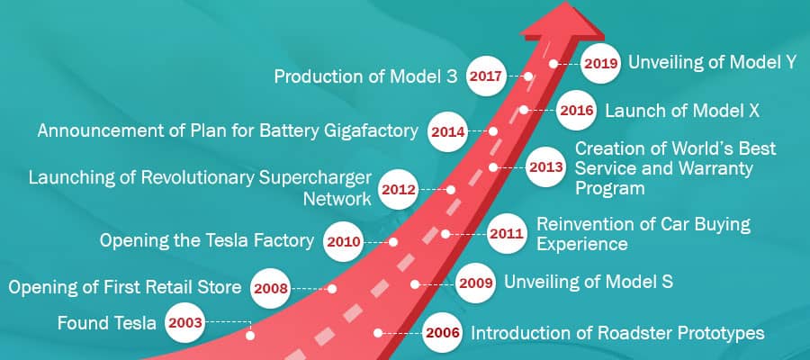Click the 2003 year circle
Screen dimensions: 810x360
pyautogui.click(x=185, y=323)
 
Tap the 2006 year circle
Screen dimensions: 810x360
pyautogui.click(x=442, y=333)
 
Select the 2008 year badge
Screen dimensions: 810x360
pyautogui.click(x=270, y=288)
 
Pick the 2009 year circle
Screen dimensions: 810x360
pyautogui.click(x=475, y=283)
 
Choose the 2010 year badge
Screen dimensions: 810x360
pyautogui.click(x=344, y=241)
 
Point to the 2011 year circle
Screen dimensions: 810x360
pyautogui.click(x=507, y=233)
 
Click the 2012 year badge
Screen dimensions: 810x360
pyautogui.click(x=399, y=190)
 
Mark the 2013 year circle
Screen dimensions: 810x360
pyautogui.click(x=546, y=166)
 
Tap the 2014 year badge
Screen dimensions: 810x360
pyautogui.click(x=448, y=131)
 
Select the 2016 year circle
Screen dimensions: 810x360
pyautogui.click(x=576, y=110)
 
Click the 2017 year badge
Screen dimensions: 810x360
pyautogui.click(x=486, y=76)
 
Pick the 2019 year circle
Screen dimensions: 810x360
pyautogui.click(x=600, y=64)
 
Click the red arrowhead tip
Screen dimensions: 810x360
pyautogui.click(x=566, y=2)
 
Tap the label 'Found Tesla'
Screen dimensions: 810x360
pyautogui.click(x=106, y=323)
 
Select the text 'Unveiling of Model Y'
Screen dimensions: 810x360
pyautogui.click(x=713, y=62)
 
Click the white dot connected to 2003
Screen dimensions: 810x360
pyautogui.click(x=250, y=335)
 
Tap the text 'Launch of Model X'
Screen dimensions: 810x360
pyautogui.click(x=682, y=111)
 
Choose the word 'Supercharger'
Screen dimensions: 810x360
pyautogui.click(x=315, y=177)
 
